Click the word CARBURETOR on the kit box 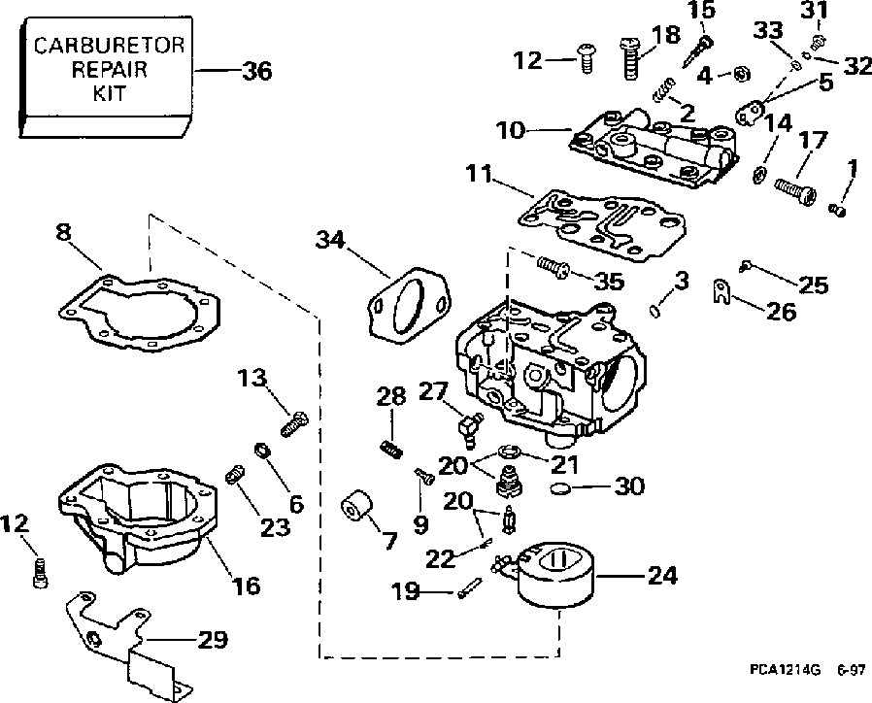(109, 45)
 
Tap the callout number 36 (257, 72)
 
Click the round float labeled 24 (556, 576)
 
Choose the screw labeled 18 (631, 58)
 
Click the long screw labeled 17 (796, 189)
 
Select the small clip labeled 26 (721, 291)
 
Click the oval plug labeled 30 (560, 488)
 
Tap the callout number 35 (609, 282)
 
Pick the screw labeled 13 (293, 424)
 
